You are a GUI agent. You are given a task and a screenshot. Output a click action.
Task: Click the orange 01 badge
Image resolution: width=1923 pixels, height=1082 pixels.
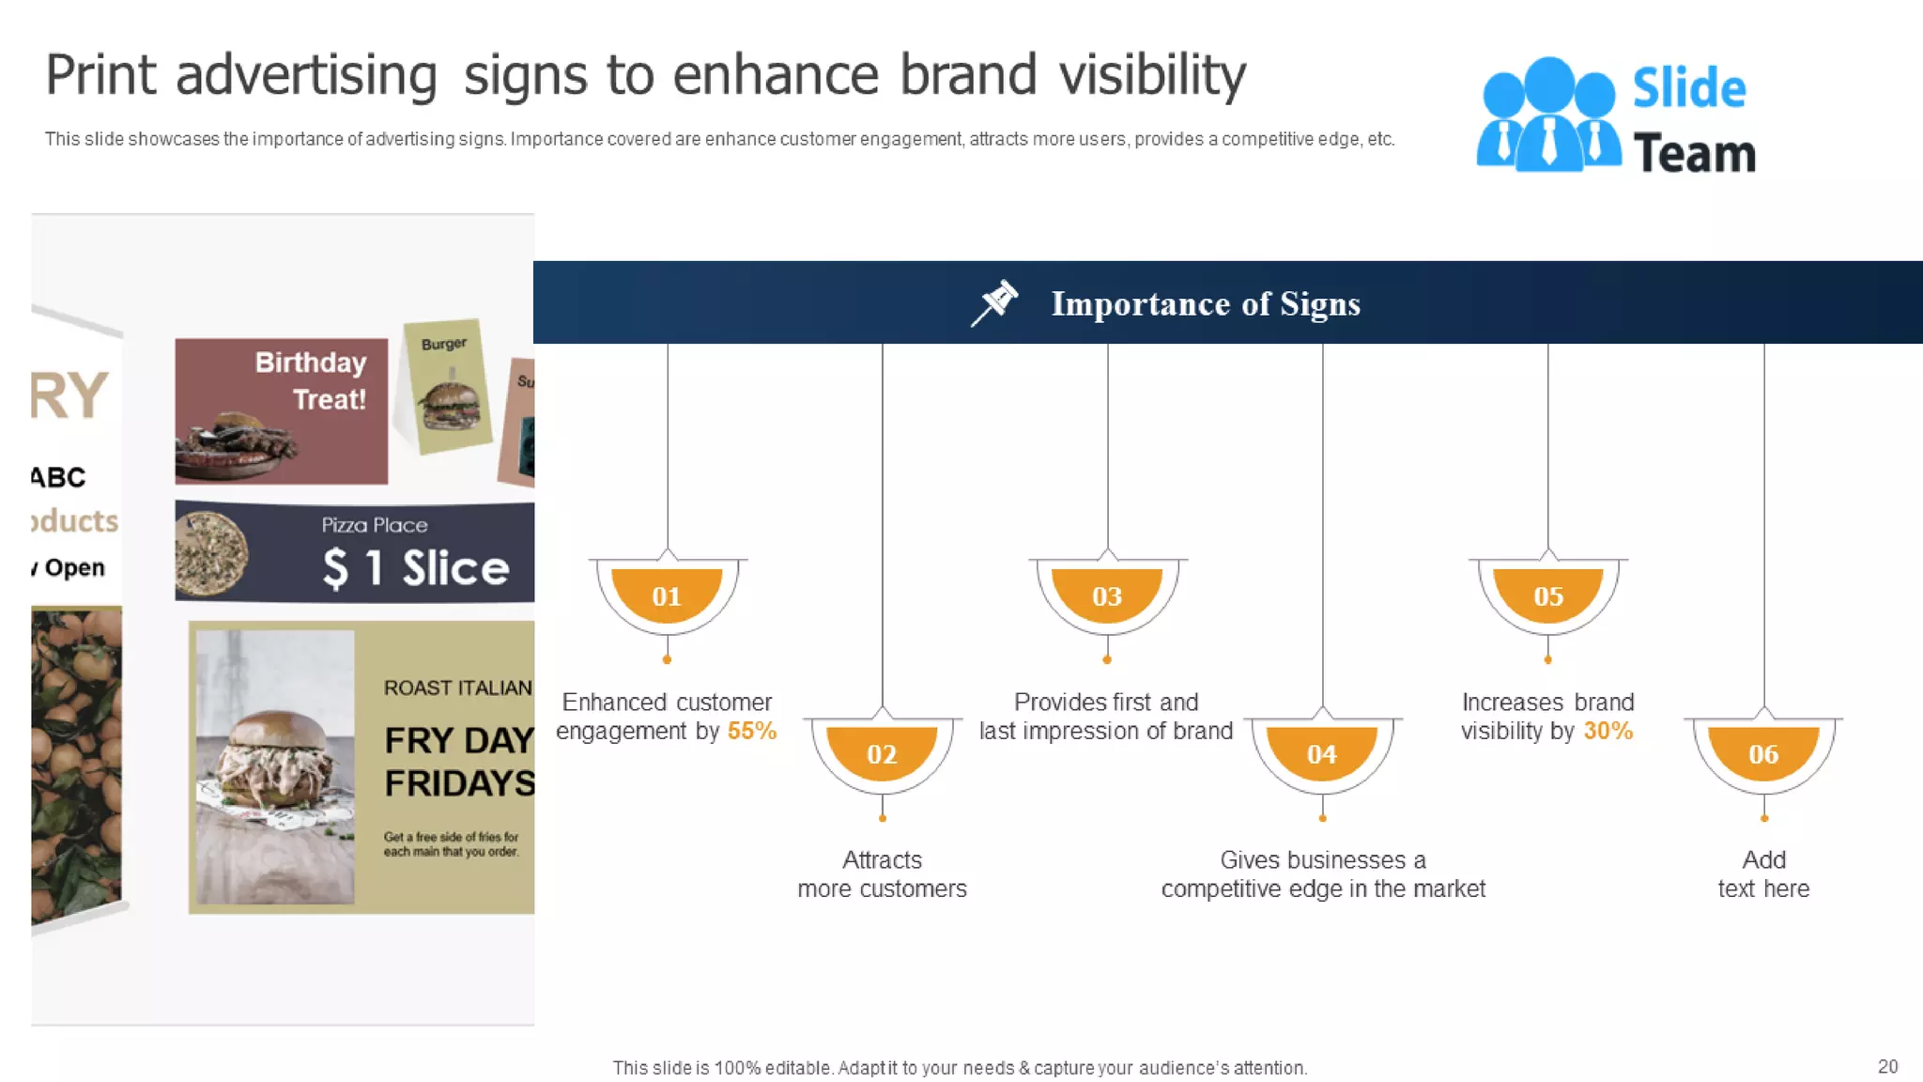click(x=667, y=595)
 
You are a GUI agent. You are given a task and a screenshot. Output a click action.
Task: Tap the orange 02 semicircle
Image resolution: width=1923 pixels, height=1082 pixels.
click(x=882, y=752)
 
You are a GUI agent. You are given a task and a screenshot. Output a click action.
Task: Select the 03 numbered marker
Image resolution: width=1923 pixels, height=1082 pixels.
click(x=1107, y=595)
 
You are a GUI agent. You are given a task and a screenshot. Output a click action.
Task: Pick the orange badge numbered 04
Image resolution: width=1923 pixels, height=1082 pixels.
click(x=1322, y=752)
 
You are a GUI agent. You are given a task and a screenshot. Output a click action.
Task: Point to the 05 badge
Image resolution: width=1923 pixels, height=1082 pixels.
click(x=1548, y=595)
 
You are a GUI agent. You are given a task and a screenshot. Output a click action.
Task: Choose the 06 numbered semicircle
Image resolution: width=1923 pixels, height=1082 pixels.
click(x=1763, y=752)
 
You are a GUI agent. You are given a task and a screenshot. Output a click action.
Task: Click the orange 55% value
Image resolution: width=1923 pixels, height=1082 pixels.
click(x=751, y=731)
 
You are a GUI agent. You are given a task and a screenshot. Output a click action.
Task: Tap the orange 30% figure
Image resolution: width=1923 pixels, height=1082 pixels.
click(x=1608, y=731)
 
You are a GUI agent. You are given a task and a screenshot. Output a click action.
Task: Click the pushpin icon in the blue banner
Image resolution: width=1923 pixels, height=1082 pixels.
click(x=994, y=302)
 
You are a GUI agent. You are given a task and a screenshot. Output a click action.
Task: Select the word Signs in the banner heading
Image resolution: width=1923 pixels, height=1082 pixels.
click(x=1319, y=304)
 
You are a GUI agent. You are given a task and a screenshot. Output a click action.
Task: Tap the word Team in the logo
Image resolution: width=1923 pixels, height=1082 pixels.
click(x=1694, y=153)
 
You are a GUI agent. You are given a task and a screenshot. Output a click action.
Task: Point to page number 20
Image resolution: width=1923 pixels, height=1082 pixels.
click(x=1887, y=1066)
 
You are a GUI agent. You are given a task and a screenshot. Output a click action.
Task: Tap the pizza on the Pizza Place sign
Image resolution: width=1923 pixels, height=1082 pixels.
click(x=211, y=553)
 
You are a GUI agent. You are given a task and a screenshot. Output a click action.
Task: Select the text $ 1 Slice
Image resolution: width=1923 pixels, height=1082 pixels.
click(x=416, y=567)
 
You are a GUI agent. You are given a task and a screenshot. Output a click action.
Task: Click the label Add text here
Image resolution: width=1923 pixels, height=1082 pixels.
click(x=1763, y=873)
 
